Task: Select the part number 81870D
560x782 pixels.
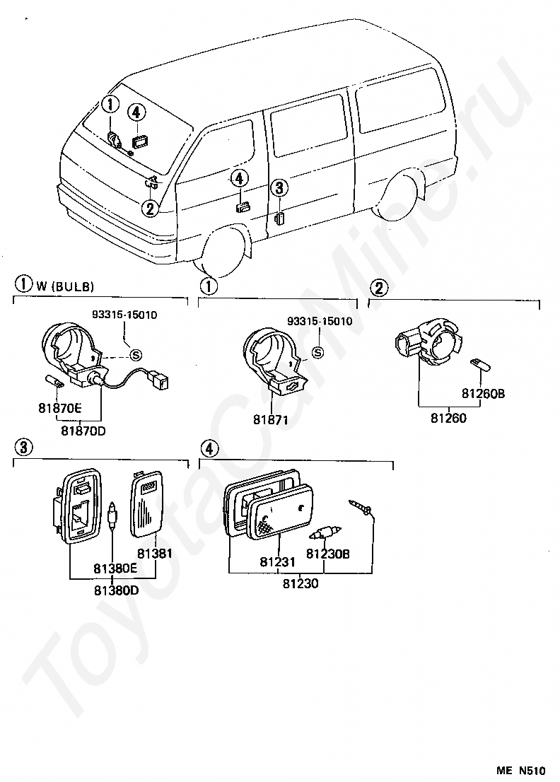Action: click(x=83, y=430)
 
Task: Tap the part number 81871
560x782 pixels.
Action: click(x=270, y=419)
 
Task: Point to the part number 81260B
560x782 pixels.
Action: click(x=483, y=394)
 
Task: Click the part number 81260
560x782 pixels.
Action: click(x=449, y=418)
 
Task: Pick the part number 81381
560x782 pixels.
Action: click(x=155, y=553)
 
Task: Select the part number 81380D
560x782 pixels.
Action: click(x=116, y=590)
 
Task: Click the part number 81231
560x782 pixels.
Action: click(x=277, y=561)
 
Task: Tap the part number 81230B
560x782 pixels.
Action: click(x=327, y=553)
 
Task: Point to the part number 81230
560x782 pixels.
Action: click(x=301, y=583)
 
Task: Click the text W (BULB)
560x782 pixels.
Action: click(x=64, y=286)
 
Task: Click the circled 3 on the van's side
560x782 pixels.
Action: click(x=279, y=188)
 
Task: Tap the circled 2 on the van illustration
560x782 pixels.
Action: click(x=150, y=208)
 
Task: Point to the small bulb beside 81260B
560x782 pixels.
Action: click(x=482, y=364)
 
